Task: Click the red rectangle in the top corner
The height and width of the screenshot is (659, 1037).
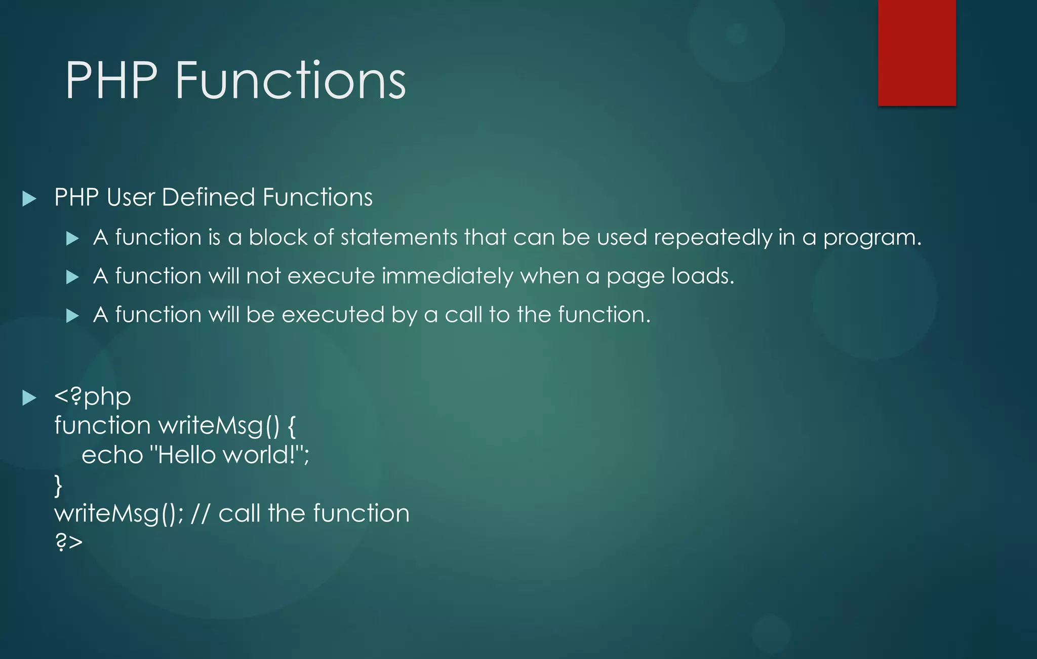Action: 916,52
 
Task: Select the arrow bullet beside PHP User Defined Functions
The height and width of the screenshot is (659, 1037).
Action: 29,198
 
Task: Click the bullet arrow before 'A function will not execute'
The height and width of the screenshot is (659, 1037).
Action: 72,277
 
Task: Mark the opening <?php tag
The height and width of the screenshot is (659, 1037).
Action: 93,396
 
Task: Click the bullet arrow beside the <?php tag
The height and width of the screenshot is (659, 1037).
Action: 29,397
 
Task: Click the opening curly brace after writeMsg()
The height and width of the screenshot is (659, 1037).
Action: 291,426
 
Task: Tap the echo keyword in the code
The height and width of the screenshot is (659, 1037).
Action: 112,455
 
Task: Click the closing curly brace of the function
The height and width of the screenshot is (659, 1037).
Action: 58,485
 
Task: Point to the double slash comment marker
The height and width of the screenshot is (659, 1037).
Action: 200,513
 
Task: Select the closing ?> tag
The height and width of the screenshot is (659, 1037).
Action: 68,542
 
